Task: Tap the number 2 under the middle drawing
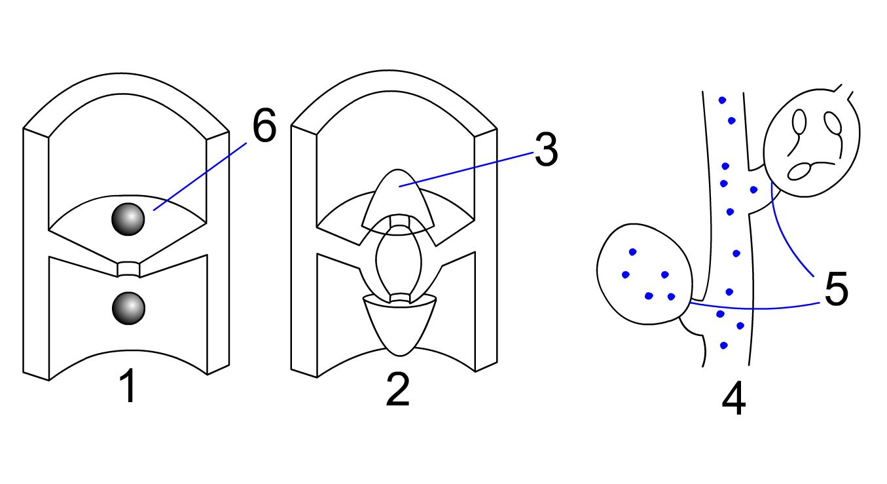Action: [397, 390]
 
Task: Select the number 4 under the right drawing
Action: [733, 399]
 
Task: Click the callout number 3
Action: [546, 149]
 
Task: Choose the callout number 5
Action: [837, 288]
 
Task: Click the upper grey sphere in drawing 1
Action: [128, 219]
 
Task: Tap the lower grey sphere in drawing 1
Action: [128, 308]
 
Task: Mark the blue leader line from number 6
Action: [200, 176]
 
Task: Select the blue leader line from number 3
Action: [466, 169]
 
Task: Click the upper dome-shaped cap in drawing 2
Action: [398, 200]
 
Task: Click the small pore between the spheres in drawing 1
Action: [129, 269]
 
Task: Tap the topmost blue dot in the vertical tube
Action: [722, 100]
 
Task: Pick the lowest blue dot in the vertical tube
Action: [724, 345]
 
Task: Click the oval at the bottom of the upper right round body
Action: [799, 172]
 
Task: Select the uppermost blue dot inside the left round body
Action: [632, 251]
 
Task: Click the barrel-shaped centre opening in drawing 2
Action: [399, 262]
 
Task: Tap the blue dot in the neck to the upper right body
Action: [753, 190]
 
